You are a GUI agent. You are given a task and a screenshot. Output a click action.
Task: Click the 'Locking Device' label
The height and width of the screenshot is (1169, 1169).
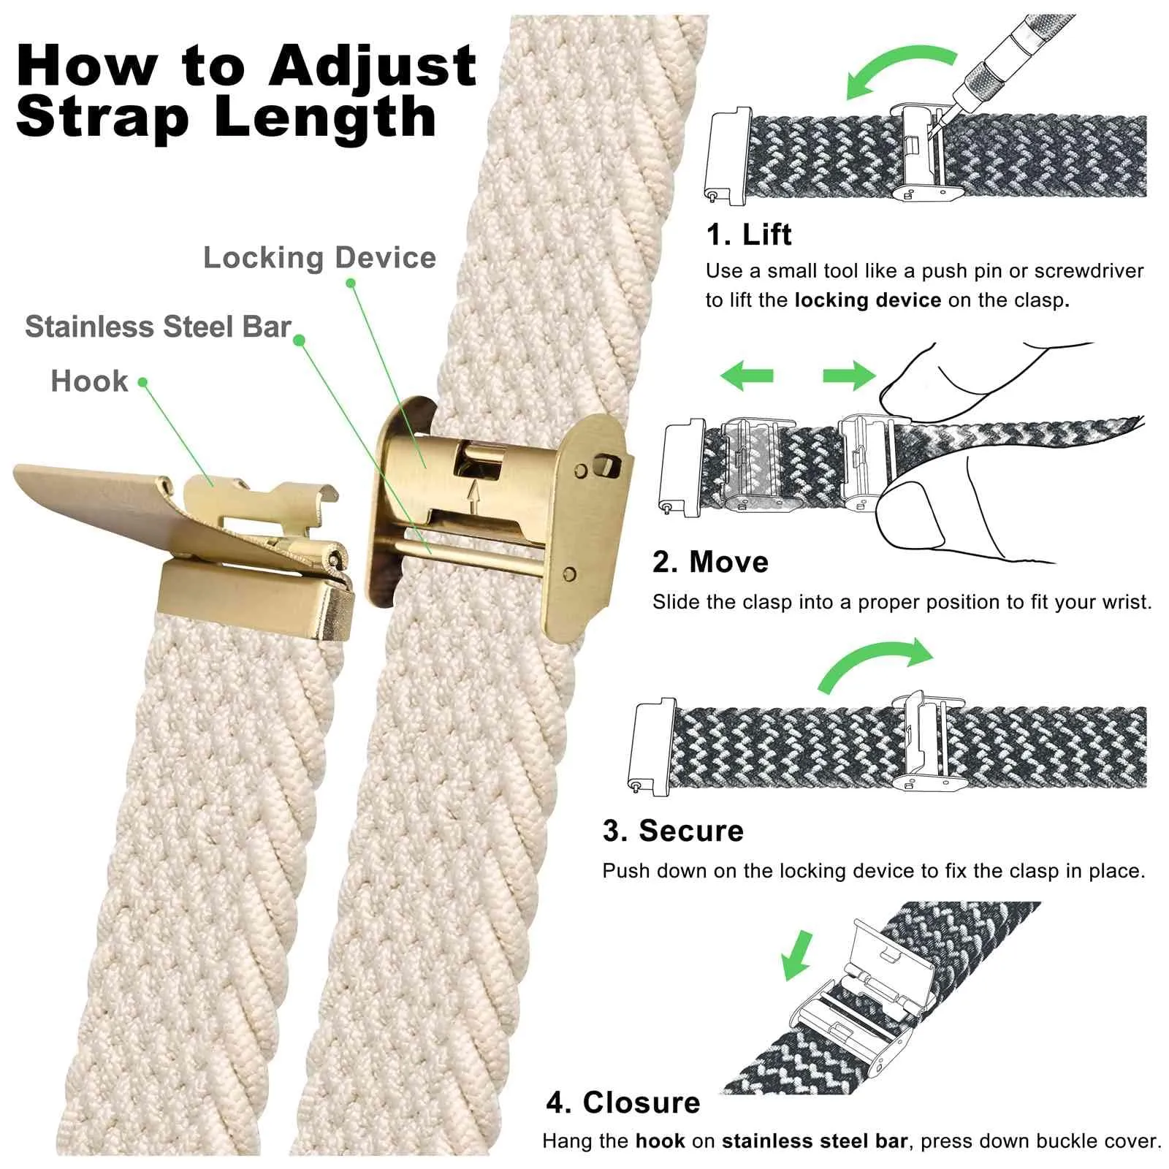(319, 258)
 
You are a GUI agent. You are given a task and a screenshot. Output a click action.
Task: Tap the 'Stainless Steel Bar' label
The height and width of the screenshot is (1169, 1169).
(158, 327)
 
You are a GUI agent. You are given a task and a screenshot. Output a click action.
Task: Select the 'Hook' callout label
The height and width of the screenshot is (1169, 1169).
(89, 381)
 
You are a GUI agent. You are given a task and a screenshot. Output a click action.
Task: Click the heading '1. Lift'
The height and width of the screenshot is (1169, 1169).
(748, 235)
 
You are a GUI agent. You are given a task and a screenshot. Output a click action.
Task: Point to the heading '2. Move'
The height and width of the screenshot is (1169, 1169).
(710, 562)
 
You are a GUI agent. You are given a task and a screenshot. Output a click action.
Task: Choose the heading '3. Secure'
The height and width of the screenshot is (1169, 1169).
(673, 831)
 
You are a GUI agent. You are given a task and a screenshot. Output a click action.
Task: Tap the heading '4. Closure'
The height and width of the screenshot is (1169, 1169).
(623, 1103)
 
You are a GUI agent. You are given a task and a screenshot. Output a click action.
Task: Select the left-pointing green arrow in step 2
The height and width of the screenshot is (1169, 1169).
(746, 376)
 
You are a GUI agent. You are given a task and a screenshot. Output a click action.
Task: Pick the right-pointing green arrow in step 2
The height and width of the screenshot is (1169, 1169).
(849, 376)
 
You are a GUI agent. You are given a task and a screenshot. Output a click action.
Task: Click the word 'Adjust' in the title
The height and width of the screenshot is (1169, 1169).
(373, 67)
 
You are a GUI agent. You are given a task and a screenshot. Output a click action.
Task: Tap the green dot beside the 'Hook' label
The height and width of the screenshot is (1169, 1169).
(142, 382)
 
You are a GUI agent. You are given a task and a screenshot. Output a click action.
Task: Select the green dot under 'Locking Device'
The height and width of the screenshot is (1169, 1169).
(351, 283)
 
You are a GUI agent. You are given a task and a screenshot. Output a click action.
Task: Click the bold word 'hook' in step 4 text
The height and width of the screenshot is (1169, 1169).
(660, 1141)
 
